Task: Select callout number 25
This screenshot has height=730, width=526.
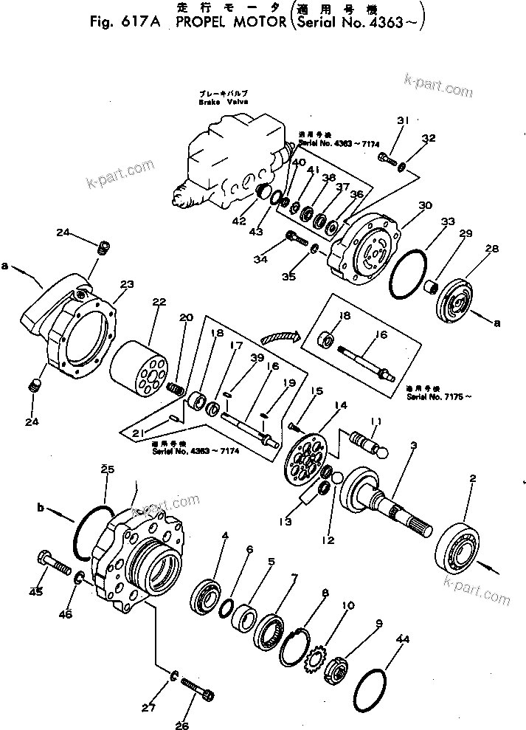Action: (108, 469)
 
